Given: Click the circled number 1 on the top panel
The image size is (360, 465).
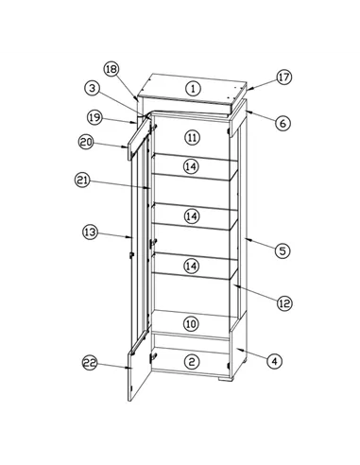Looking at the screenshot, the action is point(193,89).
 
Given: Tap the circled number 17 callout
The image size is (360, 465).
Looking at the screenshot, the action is point(284,77).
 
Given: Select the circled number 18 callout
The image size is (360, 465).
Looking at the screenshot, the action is point(111,69).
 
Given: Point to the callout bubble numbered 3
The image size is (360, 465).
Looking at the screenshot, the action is point(92,88).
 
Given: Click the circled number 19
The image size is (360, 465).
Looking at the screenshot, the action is point(94,117).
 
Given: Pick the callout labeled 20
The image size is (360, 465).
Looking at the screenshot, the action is point(86,142).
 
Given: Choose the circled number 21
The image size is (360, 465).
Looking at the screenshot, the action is point(82,181).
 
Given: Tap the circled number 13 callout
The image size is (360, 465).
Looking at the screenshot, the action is point(91,232).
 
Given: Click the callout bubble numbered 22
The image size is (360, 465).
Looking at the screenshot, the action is point(90,363).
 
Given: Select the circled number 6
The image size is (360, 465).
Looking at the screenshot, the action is point(283,123).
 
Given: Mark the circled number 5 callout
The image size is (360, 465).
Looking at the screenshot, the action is point(283,251).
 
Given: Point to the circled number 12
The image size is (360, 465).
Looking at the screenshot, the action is point(284,303).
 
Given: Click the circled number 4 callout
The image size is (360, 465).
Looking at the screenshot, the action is point(275,361).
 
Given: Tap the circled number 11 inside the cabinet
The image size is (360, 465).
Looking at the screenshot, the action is point(192,138).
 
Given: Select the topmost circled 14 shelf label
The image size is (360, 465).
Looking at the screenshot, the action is point(192,166).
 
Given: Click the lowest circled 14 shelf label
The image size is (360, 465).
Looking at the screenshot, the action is point(191,267).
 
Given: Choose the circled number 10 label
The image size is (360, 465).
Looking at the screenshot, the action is point(191,323).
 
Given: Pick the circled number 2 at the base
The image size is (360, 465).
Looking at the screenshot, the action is point(192,362).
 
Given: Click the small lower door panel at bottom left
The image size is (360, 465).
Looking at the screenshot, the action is point(140,373).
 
